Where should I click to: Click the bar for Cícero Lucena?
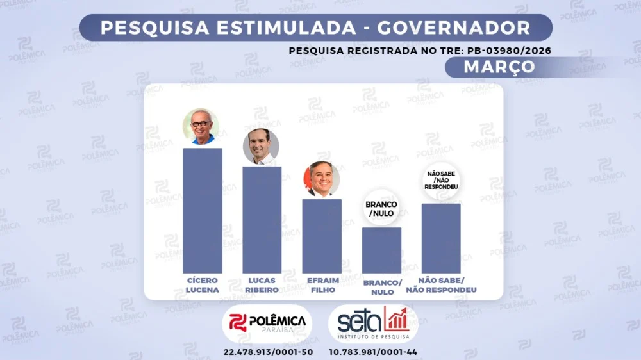pyautogui.click(x=203, y=211)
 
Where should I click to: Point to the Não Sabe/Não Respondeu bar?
pyautogui.click(x=441, y=238)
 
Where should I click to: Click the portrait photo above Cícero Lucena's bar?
pyautogui.click(x=201, y=126)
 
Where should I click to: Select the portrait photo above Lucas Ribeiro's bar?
pyautogui.click(x=261, y=146)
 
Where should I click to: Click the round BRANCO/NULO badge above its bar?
pyautogui.click(x=381, y=209)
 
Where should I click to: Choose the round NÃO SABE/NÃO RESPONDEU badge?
pyautogui.click(x=441, y=180)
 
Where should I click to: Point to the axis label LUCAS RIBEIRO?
pyautogui.click(x=262, y=285)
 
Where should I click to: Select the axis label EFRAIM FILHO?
pyautogui.click(x=322, y=285)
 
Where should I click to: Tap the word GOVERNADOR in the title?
pyautogui.click(x=454, y=28)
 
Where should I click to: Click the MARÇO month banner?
pyautogui.click(x=490, y=67)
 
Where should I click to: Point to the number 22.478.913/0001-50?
pyautogui.click(x=268, y=352)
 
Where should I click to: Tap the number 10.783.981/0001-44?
pyautogui.click(x=374, y=352)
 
